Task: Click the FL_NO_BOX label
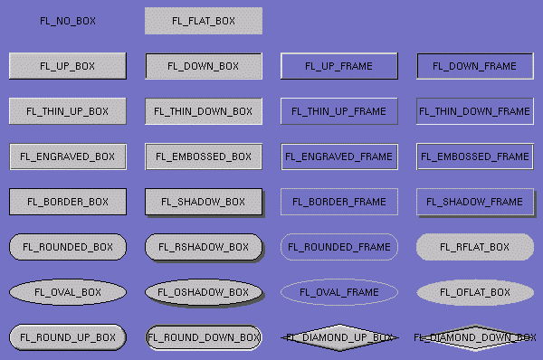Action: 68,21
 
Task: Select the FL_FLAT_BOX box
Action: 204,21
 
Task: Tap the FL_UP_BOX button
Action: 68,66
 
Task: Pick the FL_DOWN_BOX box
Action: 204,66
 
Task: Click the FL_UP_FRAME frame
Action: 339,66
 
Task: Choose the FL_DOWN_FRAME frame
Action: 475,66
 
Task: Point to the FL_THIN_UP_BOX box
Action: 68,111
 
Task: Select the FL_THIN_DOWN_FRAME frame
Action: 475,111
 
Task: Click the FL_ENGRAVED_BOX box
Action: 68,156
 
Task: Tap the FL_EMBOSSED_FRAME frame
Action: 475,156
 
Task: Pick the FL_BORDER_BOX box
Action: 68,202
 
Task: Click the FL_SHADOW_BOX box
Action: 204,202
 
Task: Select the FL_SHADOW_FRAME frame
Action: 475,202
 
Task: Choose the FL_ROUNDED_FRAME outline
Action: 339,247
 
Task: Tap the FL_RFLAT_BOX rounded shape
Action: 475,247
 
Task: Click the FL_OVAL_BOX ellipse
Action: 68,292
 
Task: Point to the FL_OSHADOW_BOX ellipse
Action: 204,292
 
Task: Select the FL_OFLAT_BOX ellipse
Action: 475,292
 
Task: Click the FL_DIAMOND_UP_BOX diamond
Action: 339,337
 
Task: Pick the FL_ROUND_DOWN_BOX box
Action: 204,337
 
